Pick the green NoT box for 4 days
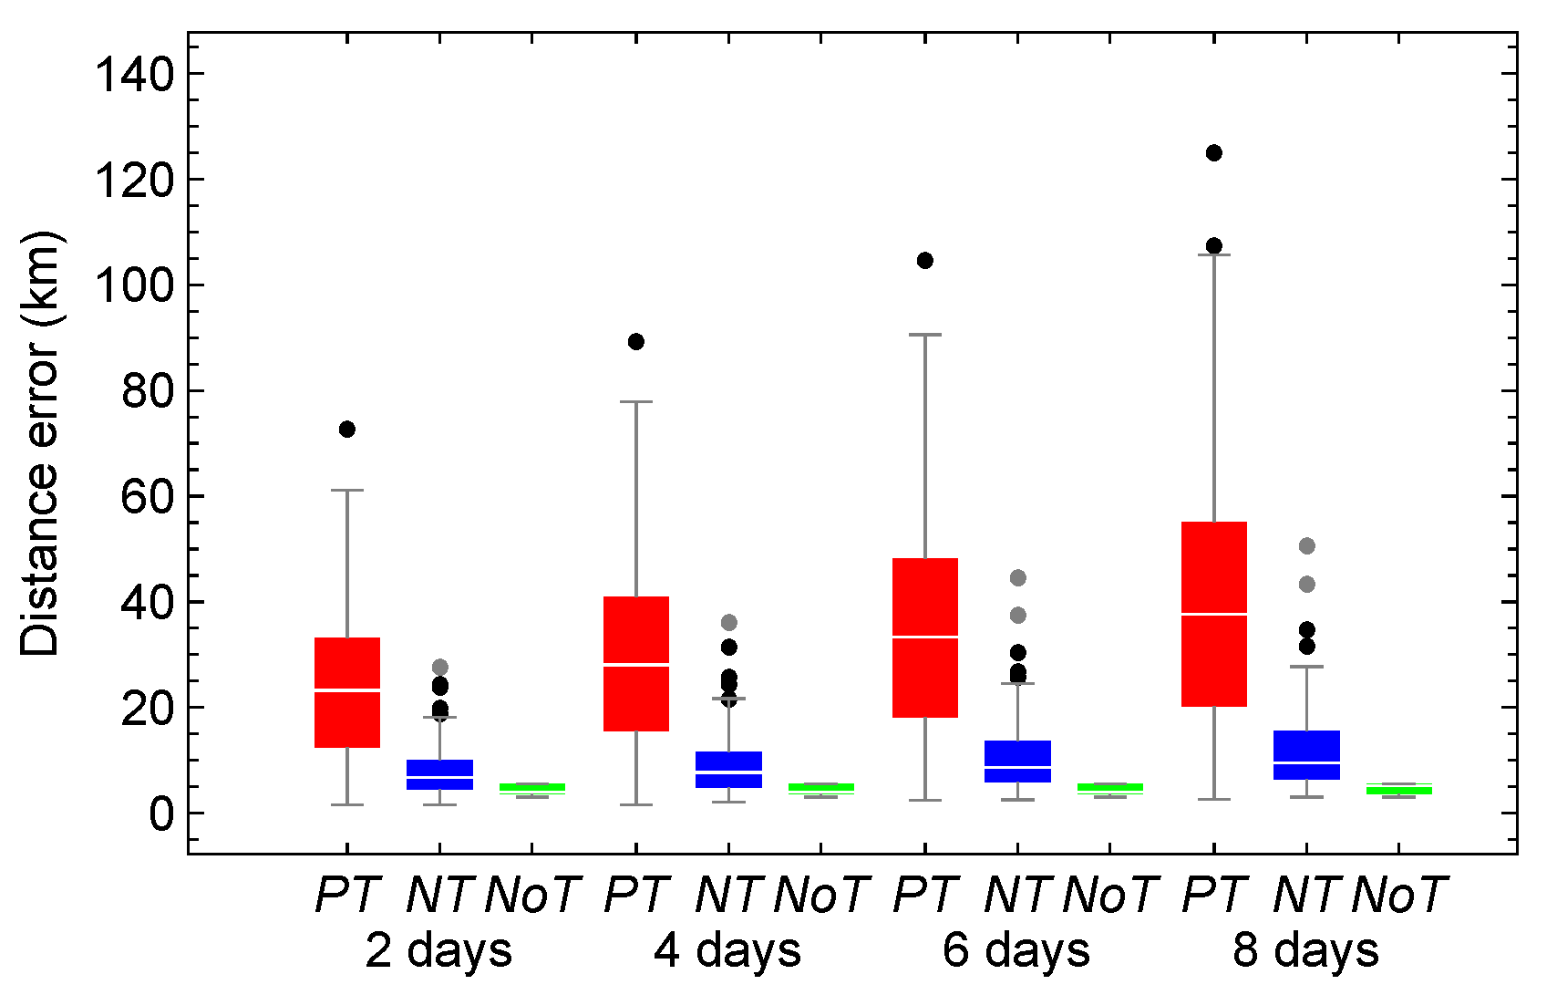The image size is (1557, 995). (x=820, y=788)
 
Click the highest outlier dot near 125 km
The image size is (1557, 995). (x=1213, y=153)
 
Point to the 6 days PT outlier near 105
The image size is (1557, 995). (x=924, y=261)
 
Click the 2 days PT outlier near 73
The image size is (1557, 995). (x=347, y=430)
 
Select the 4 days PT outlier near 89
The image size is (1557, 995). (x=635, y=342)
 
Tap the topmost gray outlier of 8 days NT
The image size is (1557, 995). (x=1306, y=546)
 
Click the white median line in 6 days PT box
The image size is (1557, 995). (x=924, y=637)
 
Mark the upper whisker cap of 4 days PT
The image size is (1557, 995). (x=635, y=401)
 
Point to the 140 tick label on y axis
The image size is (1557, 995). (x=135, y=75)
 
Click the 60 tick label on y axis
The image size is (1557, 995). (x=147, y=497)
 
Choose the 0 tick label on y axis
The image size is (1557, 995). (x=161, y=814)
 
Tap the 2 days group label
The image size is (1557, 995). (x=438, y=950)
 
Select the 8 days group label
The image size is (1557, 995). (x=1305, y=950)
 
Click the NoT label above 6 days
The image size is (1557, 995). (x=1109, y=895)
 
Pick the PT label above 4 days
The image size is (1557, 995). (x=636, y=895)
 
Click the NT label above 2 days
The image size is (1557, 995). (x=439, y=895)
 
